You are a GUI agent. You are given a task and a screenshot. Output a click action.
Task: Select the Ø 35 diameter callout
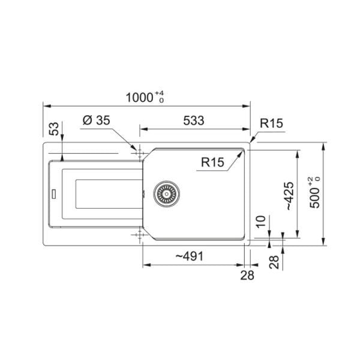coord(97,120)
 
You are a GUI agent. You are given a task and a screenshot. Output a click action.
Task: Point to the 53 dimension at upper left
coord(53,130)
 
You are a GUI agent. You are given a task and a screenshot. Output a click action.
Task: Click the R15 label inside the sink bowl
coord(212,162)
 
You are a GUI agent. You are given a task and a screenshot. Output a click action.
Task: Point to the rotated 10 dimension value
coord(260,222)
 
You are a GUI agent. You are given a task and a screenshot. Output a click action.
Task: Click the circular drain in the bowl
coord(166,193)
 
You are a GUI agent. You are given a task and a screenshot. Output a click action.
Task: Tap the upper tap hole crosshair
coord(141,151)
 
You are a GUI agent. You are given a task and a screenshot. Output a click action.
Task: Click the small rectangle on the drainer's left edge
coord(54,193)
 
